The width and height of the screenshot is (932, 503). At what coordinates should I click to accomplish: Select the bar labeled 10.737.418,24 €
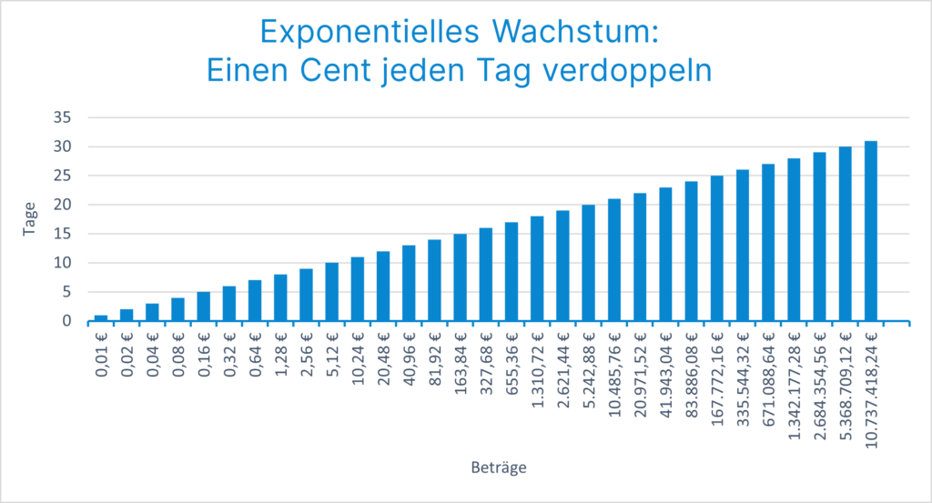click(871, 231)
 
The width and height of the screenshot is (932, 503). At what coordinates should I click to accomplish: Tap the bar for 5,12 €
click(332, 292)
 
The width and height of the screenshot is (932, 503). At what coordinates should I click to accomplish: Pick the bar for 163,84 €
click(461, 277)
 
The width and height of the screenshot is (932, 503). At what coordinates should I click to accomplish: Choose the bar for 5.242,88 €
click(589, 263)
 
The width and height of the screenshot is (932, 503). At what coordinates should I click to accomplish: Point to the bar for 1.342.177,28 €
click(795, 240)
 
